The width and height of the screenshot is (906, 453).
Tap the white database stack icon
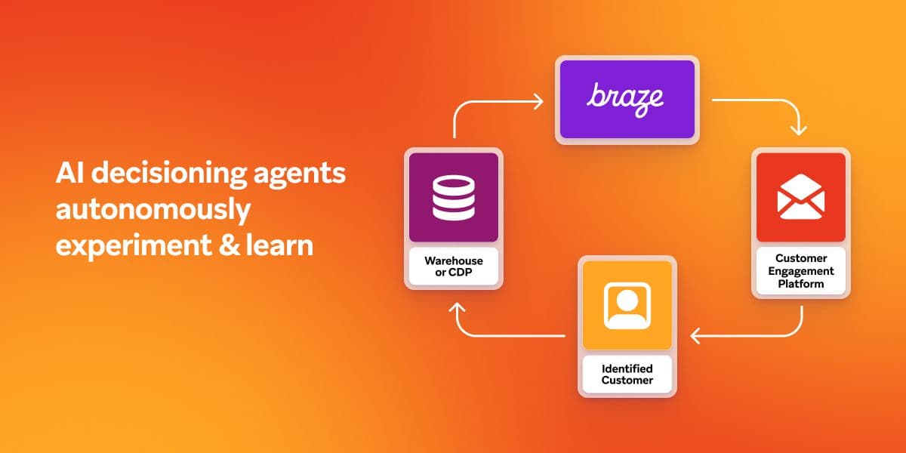453,197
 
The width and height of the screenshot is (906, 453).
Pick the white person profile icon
627,306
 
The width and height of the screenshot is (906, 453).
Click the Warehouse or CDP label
454,266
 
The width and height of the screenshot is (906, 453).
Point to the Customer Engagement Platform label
801,271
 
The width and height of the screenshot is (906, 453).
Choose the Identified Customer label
627,374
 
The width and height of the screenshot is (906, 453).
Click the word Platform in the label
801,284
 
